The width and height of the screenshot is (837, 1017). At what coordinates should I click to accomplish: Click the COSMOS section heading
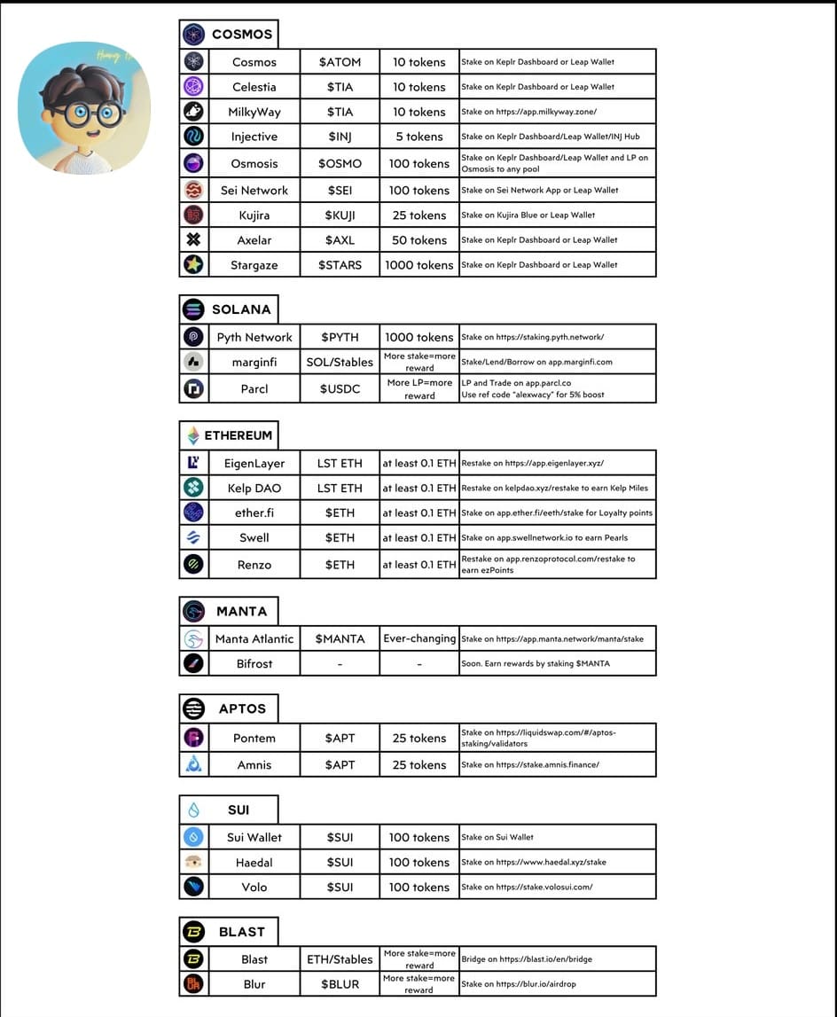click(x=241, y=35)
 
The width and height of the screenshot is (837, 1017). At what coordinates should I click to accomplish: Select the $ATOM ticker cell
click(x=340, y=62)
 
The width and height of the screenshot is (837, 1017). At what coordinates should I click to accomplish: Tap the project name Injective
click(x=254, y=137)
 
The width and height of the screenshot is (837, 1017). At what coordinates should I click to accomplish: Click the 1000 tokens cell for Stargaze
click(x=419, y=264)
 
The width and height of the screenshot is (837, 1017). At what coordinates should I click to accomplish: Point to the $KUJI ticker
click(x=340, y=215)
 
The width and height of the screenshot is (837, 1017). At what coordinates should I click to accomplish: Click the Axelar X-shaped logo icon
click(x=193, y=239)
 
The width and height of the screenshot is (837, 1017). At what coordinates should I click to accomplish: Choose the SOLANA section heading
click(x=241, y=309)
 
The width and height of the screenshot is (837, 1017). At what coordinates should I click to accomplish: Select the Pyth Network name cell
click(x=254, y=337)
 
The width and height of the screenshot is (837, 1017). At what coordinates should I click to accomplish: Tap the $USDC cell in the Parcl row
click(x=340, y=388)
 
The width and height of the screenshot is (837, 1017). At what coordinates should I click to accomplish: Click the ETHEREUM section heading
click(x=238, y=435)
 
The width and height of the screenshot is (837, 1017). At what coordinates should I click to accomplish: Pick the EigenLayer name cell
click(x=254, y=463)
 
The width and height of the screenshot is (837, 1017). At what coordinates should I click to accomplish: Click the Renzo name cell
click(x=254, y=564)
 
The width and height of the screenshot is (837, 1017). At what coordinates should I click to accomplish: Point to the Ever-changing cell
click(x=419, y=638)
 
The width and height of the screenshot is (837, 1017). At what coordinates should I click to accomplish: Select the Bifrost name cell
click(x=254, y=663)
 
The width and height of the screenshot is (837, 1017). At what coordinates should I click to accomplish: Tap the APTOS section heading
click(x=242, y=708)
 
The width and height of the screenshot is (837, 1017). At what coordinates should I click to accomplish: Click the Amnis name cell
click(x=254, y=764)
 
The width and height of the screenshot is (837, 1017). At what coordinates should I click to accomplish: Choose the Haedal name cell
click(x=254, y=862)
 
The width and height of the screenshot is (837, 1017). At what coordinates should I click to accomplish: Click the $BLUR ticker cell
click(x=340, y=984)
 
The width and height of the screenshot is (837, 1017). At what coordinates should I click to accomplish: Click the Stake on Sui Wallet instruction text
click(x=497, y=837)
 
